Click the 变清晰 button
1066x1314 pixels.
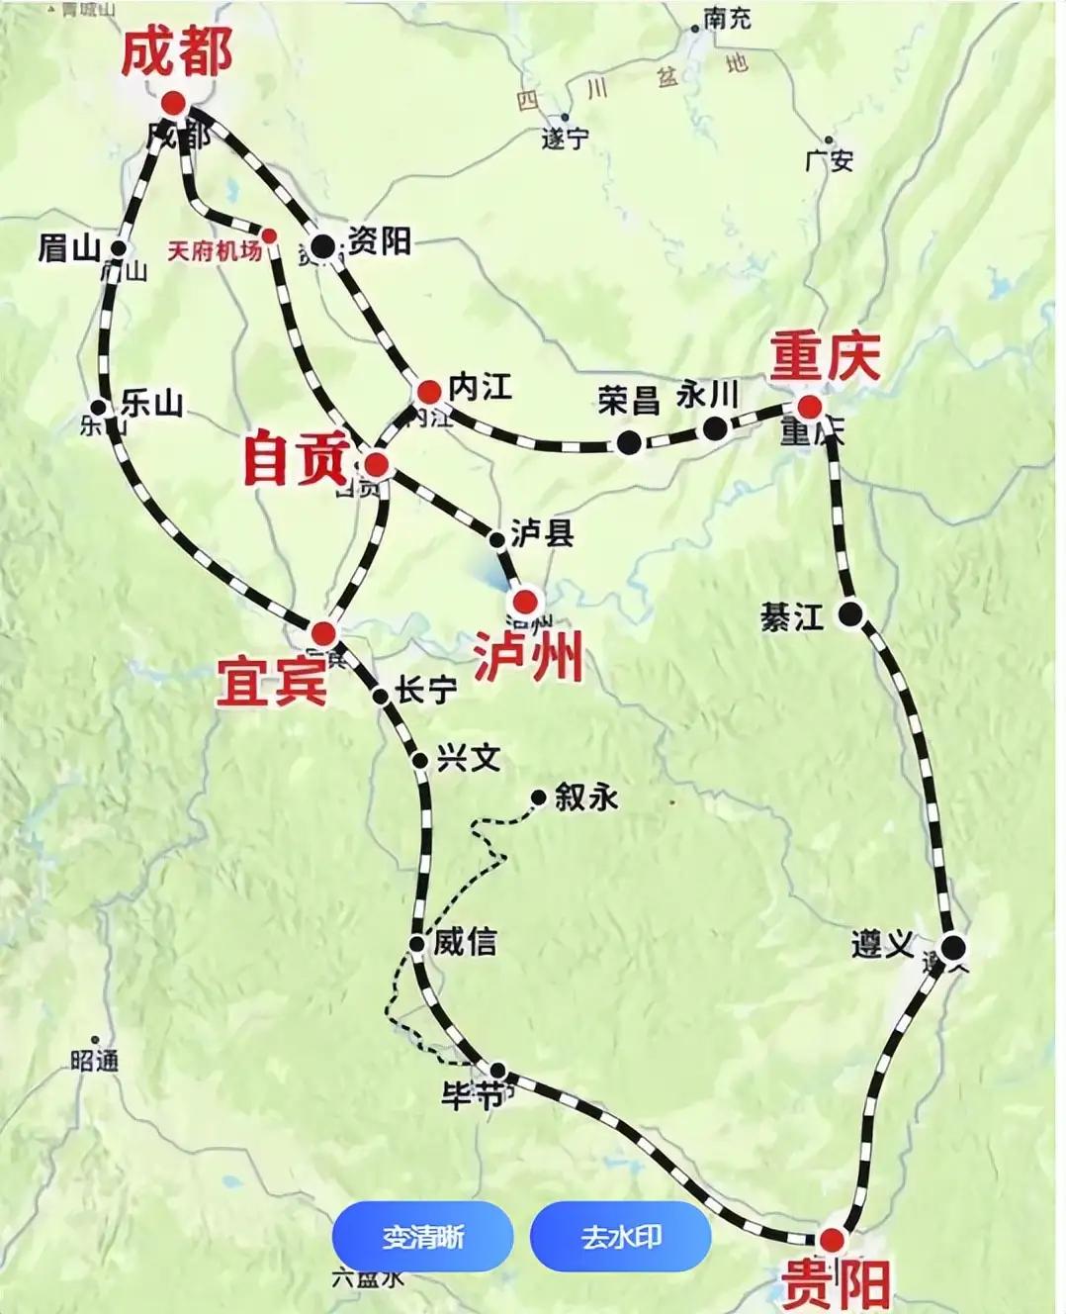coord(422,1237)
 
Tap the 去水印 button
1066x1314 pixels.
coord(620,1237)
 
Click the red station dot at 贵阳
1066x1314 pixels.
coord(832,1240)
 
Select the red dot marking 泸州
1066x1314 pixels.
coord(525,601)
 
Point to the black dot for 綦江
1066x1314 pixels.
coord(850,614)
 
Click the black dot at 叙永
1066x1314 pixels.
coord(539,797)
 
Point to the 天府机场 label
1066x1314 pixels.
coord(215,251)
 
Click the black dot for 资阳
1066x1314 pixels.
coord(322,246)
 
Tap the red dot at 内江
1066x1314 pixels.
coord(428,391)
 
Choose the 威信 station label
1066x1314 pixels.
coord(465,941)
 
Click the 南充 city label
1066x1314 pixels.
coord(728,18)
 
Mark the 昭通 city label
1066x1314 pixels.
coord(95,1061)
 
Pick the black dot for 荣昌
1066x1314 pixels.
coord(628,442)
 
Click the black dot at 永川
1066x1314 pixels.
coord(715,428)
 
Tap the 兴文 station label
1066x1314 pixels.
coord(469,758)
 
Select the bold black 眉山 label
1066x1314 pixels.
coord(69,247)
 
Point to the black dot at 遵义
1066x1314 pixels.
coord(952,948)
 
